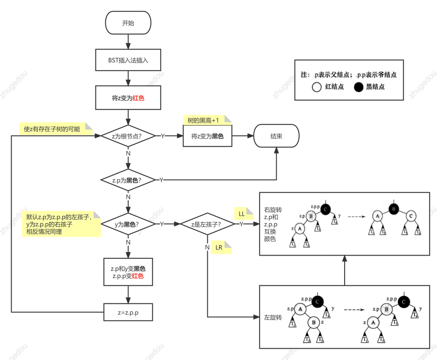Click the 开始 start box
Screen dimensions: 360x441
point(128,23)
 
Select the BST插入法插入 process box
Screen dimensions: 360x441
point(128,60)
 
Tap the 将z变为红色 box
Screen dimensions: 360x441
point(128,98)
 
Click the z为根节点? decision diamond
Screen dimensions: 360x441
point(128,136)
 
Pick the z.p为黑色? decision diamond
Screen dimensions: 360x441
point(128,180)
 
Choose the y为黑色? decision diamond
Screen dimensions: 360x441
point(128,224)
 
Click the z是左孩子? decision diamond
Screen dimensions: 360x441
point(208,224)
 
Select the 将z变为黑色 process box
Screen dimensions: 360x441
point(207,136)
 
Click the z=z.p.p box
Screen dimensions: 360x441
point(128,312)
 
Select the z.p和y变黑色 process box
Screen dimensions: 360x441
point(128,272)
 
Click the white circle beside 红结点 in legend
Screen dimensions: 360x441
point(317,87)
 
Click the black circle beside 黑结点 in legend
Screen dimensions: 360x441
point(358,87)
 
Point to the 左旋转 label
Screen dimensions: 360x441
point(273,318)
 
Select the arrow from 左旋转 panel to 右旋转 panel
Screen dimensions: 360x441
point(344,270)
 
